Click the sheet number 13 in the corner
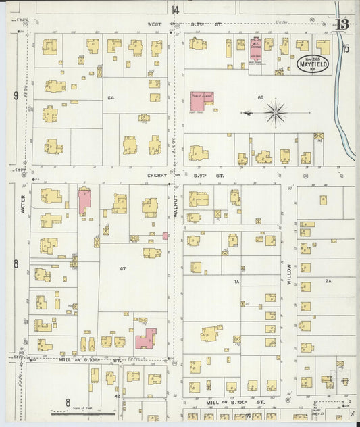(x=344, y=25)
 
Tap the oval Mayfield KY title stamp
(x=313, y=64)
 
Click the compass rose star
(x=275, y=112)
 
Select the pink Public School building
(x=201, y=100)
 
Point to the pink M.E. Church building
(x=256, y=47)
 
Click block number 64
(x=109, y=98)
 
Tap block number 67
(x=123, y=269)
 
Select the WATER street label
(x=22, y=205)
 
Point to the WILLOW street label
(x=289, y=274)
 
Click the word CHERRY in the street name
(x=157, y=176)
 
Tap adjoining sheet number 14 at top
(x=175, y=9)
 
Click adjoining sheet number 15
(x=346, y=48)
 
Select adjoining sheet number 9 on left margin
(x=15, y=95)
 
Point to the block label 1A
(x=237, y=281)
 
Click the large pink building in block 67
(x=145, y=338)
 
